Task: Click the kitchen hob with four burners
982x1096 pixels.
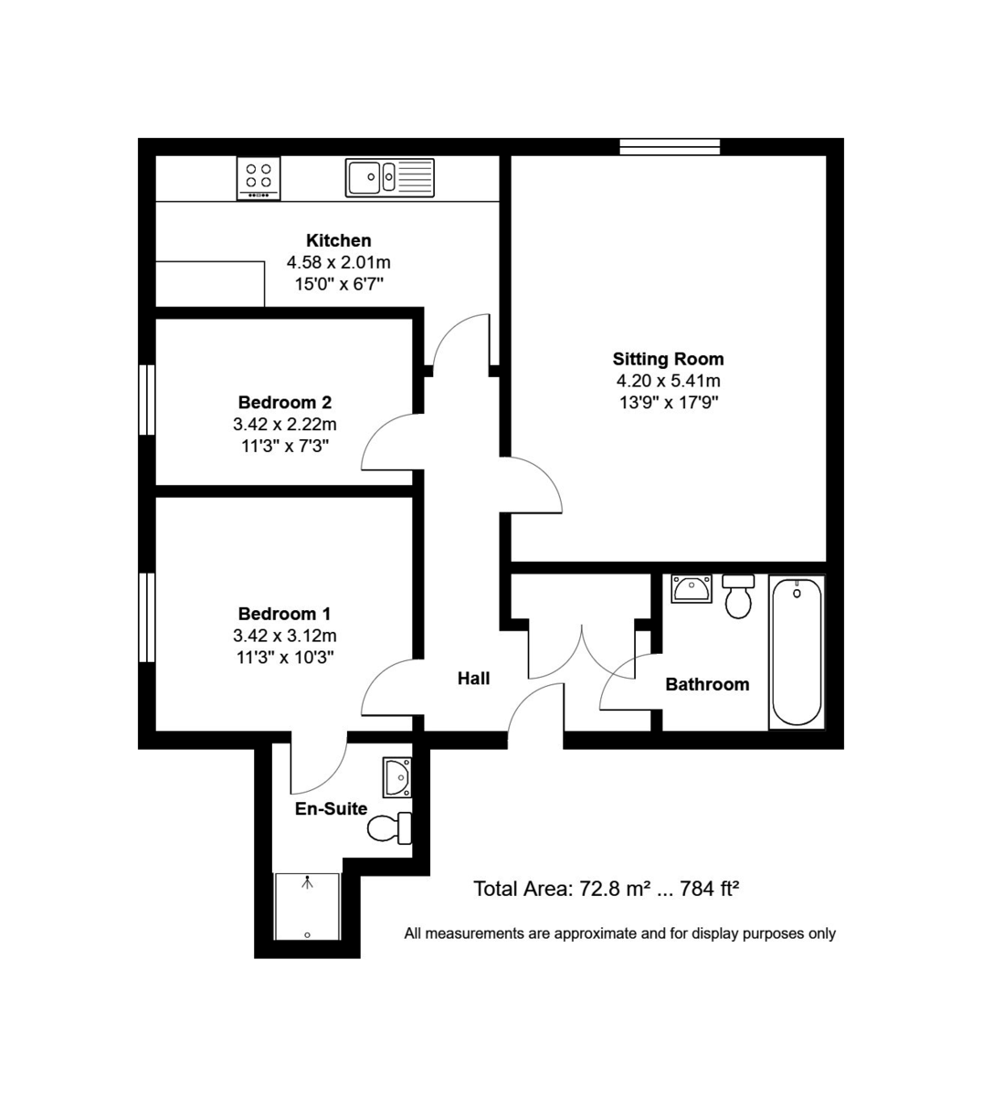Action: point(259,177)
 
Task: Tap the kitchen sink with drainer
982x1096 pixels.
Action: point(390,177)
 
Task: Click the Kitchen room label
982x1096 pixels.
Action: point(338,240)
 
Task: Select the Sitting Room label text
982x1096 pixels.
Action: point(668,359)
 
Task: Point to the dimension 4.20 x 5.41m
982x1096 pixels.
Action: point(668,381)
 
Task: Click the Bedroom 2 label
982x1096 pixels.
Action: point(284,402)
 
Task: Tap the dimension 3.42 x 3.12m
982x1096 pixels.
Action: point(284,636)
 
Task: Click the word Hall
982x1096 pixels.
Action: point(473,678)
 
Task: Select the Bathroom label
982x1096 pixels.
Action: point(707,684)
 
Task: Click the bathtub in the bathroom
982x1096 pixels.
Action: point(797,651)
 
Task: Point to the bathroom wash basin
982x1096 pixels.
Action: point(692,589)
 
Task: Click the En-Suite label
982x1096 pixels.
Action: point(331,808)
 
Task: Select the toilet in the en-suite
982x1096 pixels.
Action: point(390,828)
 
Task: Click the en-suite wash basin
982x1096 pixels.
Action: point(397,777)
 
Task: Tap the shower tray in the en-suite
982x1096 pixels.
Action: point(308,907)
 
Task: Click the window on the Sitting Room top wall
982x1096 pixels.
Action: point(670,146)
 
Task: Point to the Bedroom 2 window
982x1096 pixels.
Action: point(146,400)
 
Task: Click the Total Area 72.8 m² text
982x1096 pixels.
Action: point(605,888)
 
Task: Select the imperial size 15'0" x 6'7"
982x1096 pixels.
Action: point(338,284)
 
